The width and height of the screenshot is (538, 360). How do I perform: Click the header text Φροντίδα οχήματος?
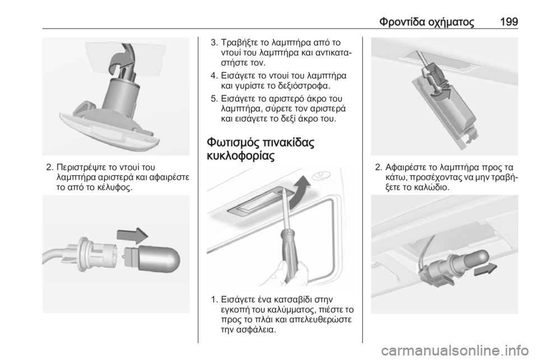(x=427, y=22)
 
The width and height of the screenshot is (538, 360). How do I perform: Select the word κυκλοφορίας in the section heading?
(x=241, y=156)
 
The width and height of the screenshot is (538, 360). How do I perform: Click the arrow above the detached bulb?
(x=132, y=236)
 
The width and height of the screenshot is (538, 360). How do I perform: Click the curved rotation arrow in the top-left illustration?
(x=120, y=60)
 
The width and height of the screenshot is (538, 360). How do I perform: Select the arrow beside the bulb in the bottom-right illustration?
(x=485, y=269)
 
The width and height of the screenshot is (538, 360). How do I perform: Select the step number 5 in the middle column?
(x=213, y=99)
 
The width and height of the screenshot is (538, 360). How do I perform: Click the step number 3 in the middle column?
(x=213, y=43)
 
